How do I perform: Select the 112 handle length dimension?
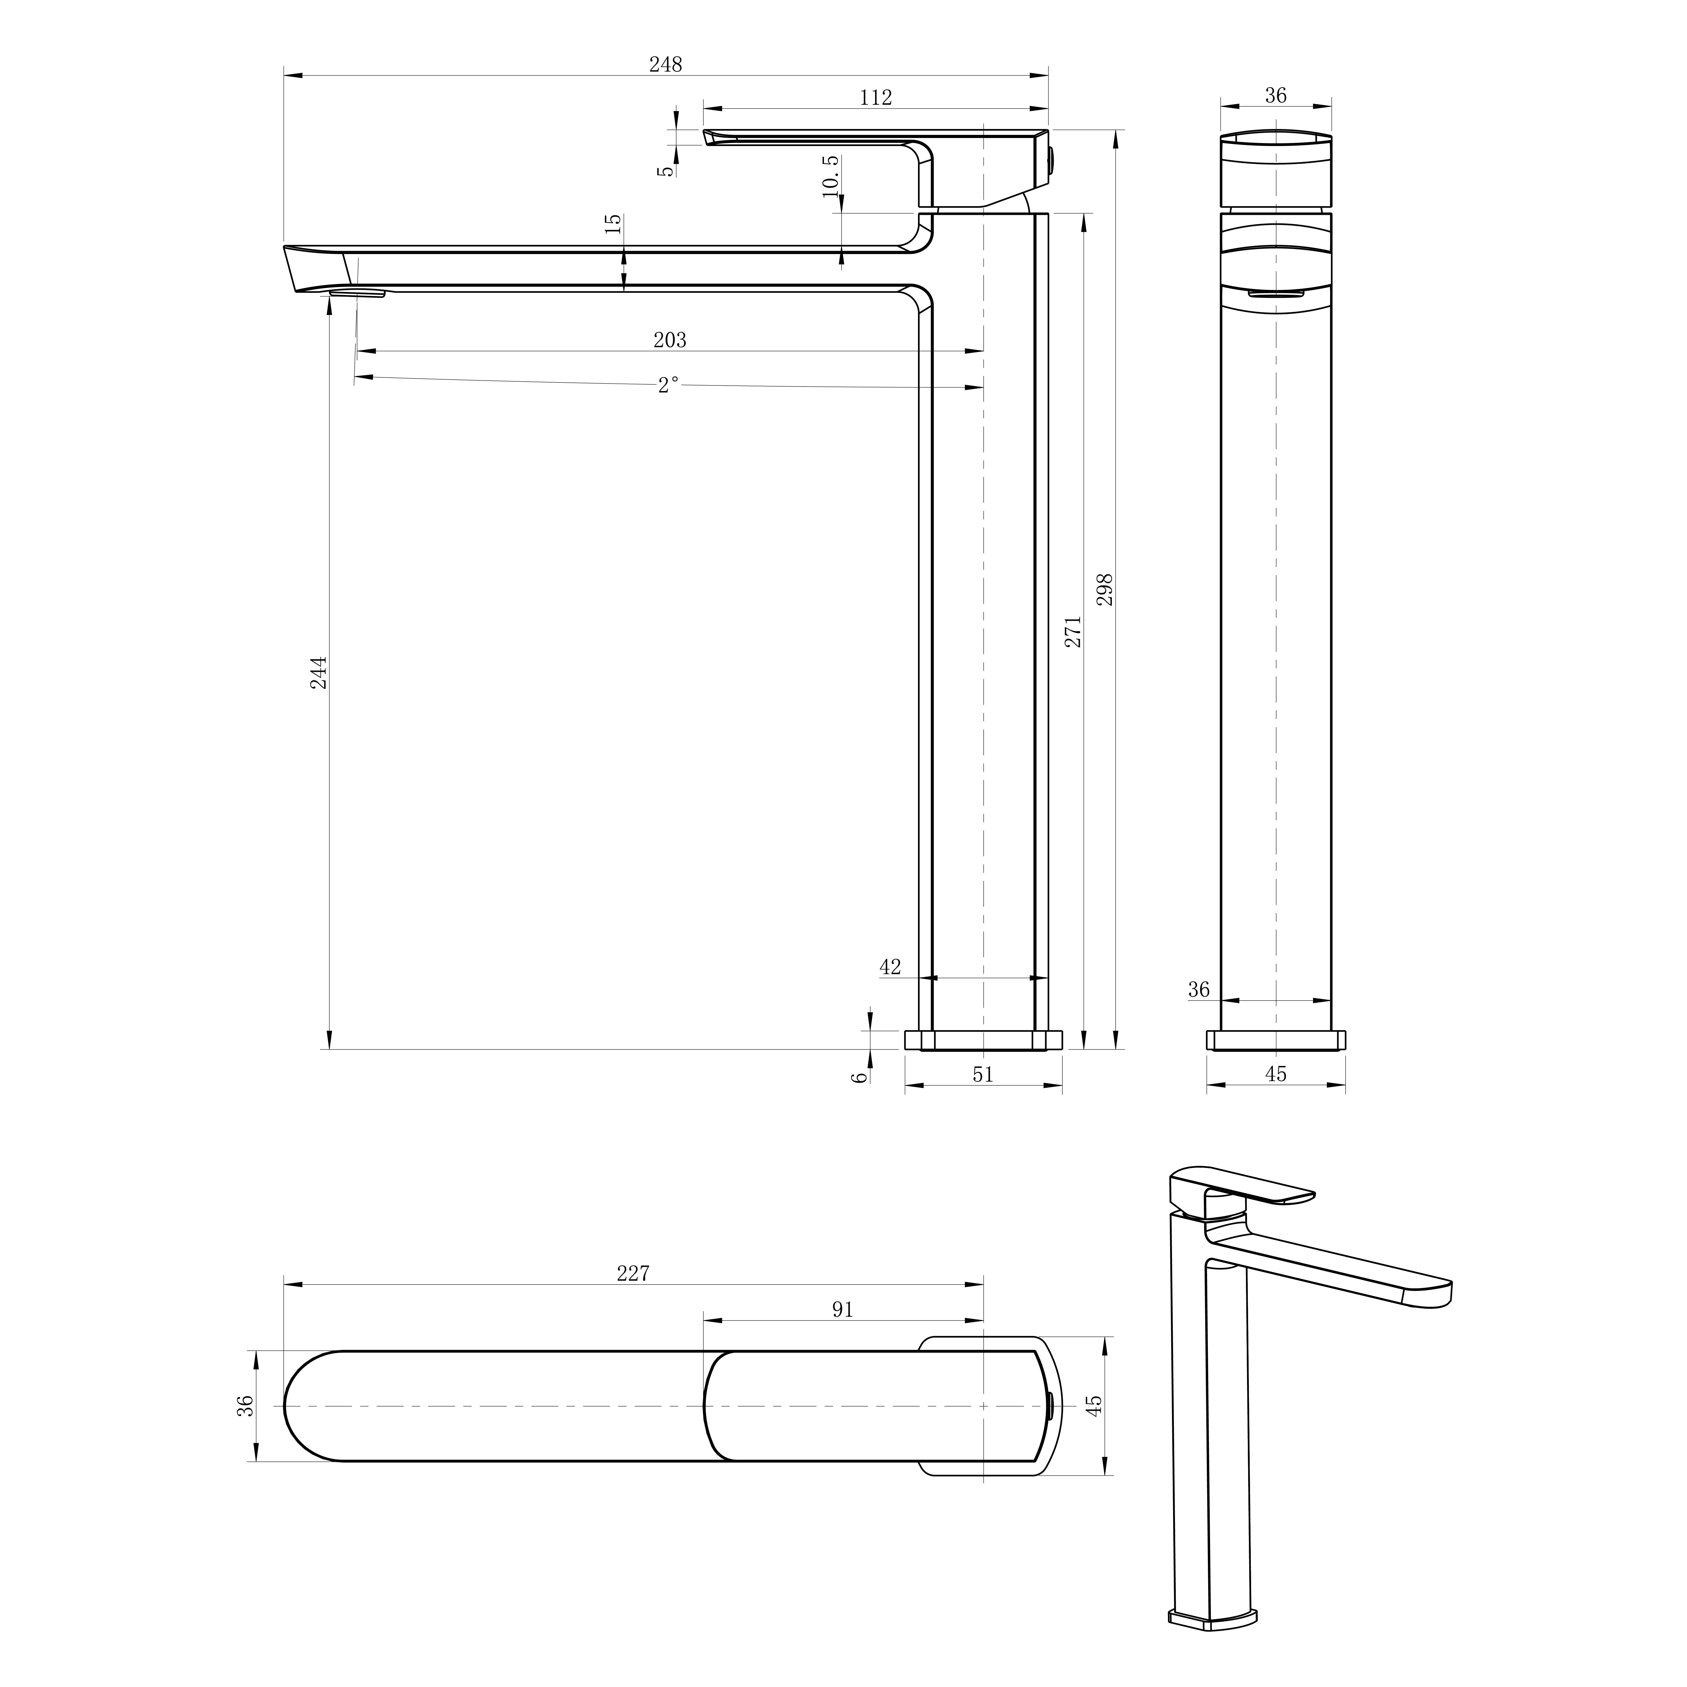click(x=876, y=98)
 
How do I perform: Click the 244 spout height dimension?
click(x=320, y=673)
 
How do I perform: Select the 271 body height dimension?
click(x=1073, y=631)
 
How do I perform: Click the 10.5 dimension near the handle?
click(x=830, y=176)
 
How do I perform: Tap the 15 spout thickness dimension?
click(x=614, y=223)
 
